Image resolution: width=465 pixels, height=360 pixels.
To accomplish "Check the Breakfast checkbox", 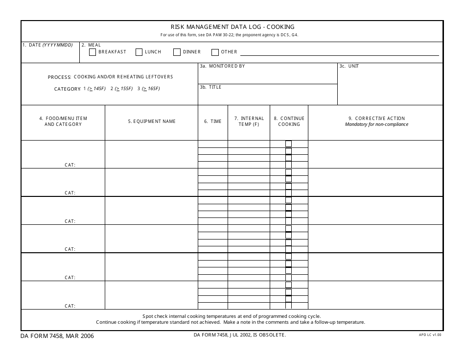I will coord(93,52).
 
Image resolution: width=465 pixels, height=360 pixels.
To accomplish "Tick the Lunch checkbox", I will coord(139,52).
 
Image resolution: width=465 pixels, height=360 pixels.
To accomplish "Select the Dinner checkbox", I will coord(177,52).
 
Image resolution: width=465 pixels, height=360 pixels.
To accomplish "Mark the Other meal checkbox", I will coord(215,52).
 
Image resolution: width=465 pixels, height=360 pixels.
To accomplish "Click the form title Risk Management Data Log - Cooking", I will coord(232,27).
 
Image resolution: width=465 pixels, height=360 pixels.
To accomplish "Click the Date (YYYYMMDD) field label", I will coord(47,45).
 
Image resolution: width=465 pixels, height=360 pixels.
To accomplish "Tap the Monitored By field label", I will coord(222,66).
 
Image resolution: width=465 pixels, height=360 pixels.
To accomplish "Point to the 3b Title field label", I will coord(210,87).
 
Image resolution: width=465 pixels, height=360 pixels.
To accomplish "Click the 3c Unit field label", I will coord(349,66).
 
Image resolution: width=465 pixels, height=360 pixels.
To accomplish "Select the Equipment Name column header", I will coord(152,121).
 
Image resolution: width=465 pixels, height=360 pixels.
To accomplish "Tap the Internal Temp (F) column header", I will coord(249,121).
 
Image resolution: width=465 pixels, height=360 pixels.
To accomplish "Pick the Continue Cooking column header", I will coord(289,121).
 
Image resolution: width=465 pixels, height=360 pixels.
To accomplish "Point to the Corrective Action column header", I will coord(376,119).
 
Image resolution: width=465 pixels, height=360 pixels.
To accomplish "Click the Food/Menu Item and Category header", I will coord(63,121).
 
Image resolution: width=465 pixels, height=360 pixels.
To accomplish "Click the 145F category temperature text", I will coord(96,89).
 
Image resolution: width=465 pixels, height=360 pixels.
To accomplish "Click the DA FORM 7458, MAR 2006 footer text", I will coord(57,336).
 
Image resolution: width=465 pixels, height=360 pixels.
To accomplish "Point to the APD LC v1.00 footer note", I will coord(430,335).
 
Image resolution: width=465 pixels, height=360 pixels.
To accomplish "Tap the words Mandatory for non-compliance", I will coord(376,124).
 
